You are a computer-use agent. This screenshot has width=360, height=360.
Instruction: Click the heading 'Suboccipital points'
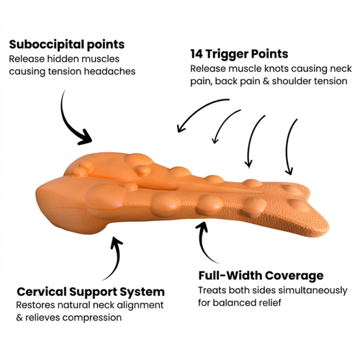click(67, 45)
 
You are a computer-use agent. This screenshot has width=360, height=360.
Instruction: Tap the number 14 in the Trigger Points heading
click(197, 54)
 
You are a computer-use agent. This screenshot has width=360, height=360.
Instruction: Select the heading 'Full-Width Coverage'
click(261, 275)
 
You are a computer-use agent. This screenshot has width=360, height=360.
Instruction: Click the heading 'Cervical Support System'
click(91, 292)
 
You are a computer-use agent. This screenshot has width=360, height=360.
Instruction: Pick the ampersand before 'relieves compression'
click(19, 318)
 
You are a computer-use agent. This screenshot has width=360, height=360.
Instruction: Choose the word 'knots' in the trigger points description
click(276, 69)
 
